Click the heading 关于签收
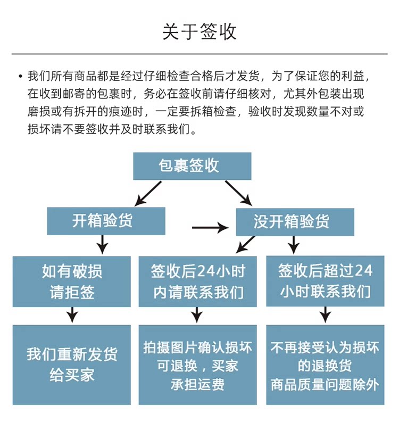coord(199,31)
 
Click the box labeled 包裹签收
coord(192,166)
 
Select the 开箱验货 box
coord(106,221)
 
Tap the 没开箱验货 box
coord(295,222)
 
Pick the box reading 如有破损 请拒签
coord(72,282)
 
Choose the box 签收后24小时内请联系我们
coord(197,282)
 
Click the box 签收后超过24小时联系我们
coord(325,281)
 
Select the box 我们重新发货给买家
coord(72,365)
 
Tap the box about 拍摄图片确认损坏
coord(197,365)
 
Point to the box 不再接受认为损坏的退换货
coord(325,365)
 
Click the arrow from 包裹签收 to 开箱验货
coord(148,194)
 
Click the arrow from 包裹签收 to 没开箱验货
coord(238,193)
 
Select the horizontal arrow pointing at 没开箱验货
coord(210,228)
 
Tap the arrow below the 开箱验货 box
coord(102,244)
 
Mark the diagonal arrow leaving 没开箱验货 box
coord(245,245)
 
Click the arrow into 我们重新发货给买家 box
coord(72,315)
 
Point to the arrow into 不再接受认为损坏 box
coord(326,315)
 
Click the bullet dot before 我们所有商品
coord(20,77)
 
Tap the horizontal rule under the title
coord(199,54)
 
